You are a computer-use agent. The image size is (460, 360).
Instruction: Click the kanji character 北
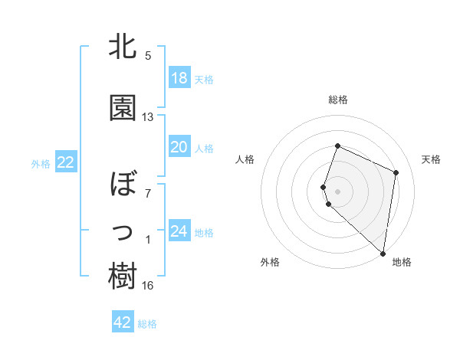pyautogui.click(x=123, y=47)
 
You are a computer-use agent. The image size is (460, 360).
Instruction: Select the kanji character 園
pyautogui.click(x=123, y=109)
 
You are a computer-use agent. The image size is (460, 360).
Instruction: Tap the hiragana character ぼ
pyautogui.click(x=123, y=185)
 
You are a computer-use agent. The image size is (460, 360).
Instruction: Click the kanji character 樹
pyautogui.click(x=123, y=277)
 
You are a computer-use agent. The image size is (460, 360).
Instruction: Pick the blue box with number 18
pyautogui.click(x=179, y=78)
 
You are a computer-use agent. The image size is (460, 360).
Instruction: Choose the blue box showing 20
pyautogui.click(x=179, y=148)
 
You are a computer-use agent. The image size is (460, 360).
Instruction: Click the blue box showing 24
pyautogui.click(x=179, y=231)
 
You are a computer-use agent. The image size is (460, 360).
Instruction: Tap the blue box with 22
pyautogui.click(x=66, y=162)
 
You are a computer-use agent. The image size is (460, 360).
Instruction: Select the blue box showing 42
pyautogui.click(x=123, y=322)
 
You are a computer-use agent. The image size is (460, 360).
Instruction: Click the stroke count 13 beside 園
pyautogui.click(x=148, y=117)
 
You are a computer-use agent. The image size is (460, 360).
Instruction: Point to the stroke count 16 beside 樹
pyautogui.click(x=148, y=286)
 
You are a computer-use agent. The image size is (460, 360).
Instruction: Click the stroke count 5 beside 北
pyautogui.click(x=148, y=56)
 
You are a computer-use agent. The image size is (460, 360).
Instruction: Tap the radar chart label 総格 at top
pyautogui.click(x=338, y=100)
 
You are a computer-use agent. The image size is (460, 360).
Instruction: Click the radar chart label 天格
pyautogui.click(x=432, y=159)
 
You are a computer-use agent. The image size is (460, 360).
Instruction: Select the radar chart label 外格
pyautogui.click(x=270, y=263)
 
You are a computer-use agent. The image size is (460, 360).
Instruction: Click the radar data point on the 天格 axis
pyautogui.click(x=396, y=172)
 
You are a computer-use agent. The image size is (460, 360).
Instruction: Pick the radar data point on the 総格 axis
pyautogui.click(x=337, y=146)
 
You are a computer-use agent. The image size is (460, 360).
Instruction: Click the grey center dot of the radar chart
pyautogui.click(x=337, y=190)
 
